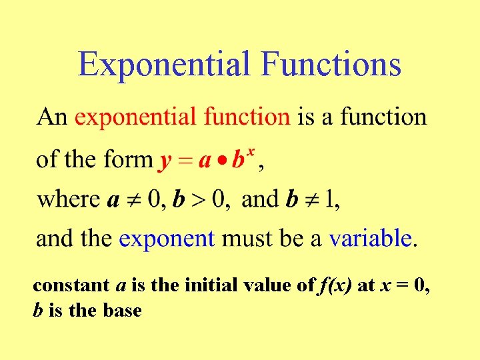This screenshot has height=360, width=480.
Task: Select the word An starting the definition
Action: [52, 117]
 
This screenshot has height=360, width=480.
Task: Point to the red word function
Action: [247, 117]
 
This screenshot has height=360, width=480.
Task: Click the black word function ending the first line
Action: [383, 117]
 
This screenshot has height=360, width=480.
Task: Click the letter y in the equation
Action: [164, 162]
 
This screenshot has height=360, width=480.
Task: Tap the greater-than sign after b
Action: [197, 200]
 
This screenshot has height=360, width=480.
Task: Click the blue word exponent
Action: [167, 239]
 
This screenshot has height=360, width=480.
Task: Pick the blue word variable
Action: [371, 238]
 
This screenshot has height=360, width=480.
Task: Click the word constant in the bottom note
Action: [71, 286]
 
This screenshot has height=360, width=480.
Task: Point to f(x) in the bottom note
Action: [335, 286]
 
